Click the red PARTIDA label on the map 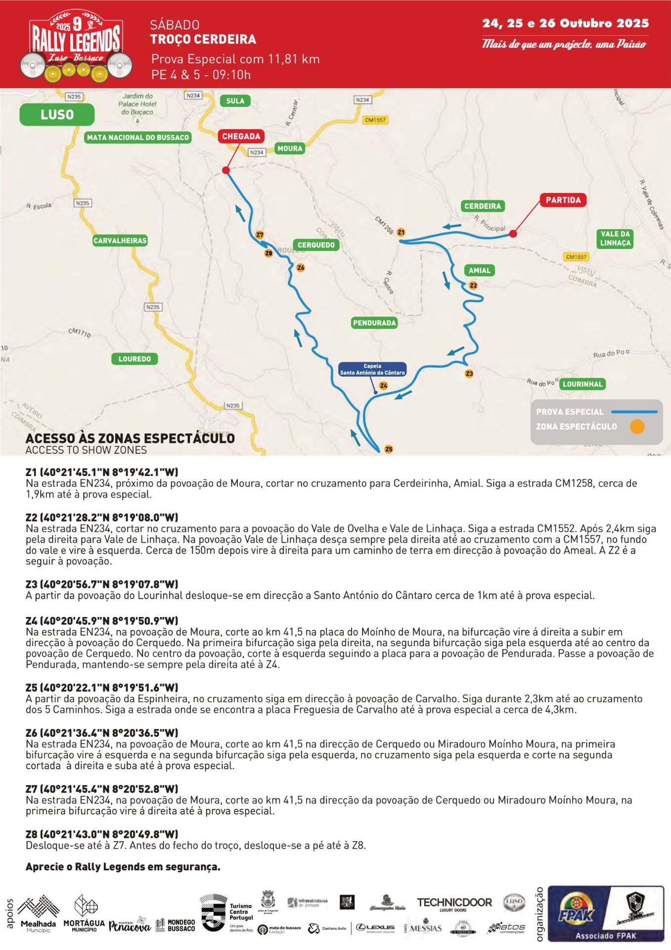pyautogui.click(x=563, y=200)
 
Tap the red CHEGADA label pyautogui.click(x=241, y=136)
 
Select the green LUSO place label pyautogui.click(x=57, y=114)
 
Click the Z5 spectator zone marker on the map pyautogui.click(x=389, y=449)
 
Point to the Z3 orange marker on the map pyautogui.click(x=469, y=374)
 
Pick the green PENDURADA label pyautogui.click(x=374, y=323)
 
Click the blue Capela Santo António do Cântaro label pyautogui.click(x=372, y=369)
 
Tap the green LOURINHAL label pyautogui.click(x=582, y=384)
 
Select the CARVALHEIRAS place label pyautogui.click(x=120, y=240)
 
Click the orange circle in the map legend pyautogui.click(x=637, y=427)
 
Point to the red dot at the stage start pyautogui.click(x=513, y=234)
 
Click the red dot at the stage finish pyautogui.click(x=226, y=170)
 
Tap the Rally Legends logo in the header pyautogui.click(x=76, y=46)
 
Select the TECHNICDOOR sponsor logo pyautogui.click(x=454, y=903)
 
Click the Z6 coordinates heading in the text pyautogui.click(x=102, y=733)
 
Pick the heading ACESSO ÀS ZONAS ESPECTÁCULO pyautogui.click(x=130, y=438)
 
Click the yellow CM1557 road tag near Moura pyautogui.click(x=375, y=120)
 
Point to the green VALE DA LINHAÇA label pyautogui.click(x=615, y=238)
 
